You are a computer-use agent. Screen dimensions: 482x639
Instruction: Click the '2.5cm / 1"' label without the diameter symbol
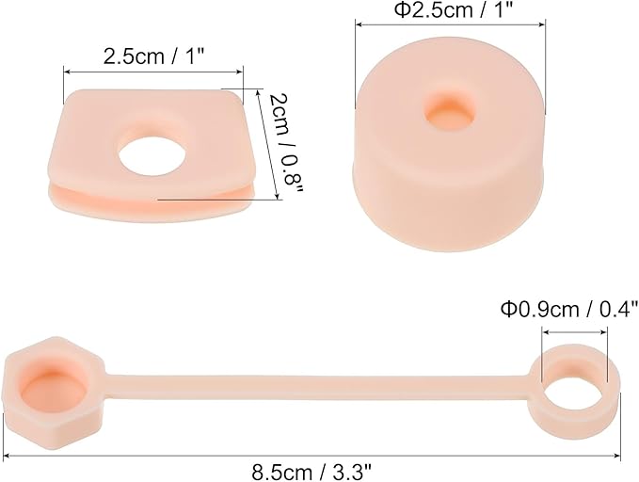tap(153, 56)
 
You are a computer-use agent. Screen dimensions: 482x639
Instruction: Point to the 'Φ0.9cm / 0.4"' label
tap(569, 309)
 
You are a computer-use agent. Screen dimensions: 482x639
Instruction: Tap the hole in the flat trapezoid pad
tap(150, 153)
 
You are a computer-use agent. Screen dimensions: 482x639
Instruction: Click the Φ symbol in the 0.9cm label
tap(508, 309)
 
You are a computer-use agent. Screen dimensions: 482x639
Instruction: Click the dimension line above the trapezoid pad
tap(153, 71)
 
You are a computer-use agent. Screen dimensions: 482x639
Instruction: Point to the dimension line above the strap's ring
tap(574, 332)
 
